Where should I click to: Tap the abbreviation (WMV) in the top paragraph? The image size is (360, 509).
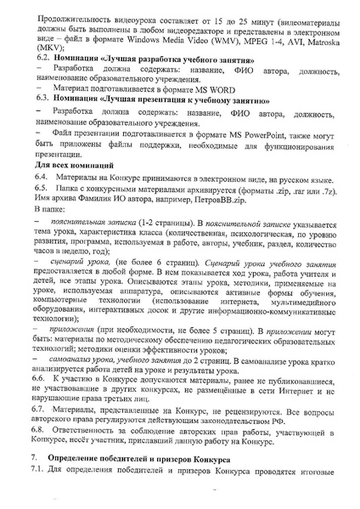(x=221, y=39)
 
